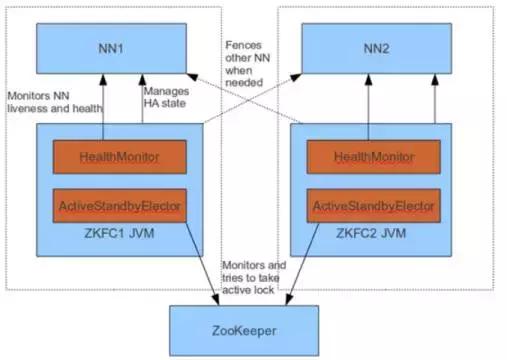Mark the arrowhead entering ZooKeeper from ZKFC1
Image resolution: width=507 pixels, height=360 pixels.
218,300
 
